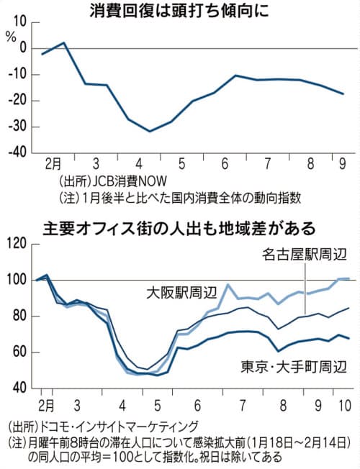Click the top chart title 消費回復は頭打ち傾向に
179,12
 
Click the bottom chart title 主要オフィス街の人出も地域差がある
179,229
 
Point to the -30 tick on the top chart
19,127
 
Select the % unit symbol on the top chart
11,37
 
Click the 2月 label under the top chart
53,164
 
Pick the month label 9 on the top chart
342,164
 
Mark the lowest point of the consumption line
150,132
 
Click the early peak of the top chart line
64,42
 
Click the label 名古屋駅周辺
305,255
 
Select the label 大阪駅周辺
181,293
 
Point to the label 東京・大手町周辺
294,366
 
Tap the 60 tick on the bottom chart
22,352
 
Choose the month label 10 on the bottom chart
345,406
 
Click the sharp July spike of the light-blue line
228,284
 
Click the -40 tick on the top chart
19,153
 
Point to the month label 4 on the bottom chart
122,406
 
